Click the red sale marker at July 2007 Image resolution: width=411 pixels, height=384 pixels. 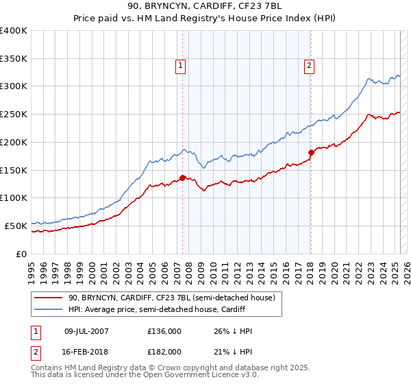coord(182,178)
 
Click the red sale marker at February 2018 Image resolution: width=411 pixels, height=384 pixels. coord(311,152)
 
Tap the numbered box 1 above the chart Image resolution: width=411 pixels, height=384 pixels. coord(180,66)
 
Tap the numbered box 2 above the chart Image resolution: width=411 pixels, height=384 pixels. coord(310,66)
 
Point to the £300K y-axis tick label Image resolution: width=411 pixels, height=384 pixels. coord(14,86)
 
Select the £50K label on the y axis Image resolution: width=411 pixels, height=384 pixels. coord(16,226)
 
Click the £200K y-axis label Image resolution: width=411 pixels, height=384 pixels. coord(14,142)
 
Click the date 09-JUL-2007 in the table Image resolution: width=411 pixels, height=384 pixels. coord(84,332)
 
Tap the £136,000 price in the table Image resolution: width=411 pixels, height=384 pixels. coord(164,332)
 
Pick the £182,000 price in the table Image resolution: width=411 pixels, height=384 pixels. coord(164,351)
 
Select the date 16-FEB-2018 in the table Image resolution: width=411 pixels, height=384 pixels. coord(84,351)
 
